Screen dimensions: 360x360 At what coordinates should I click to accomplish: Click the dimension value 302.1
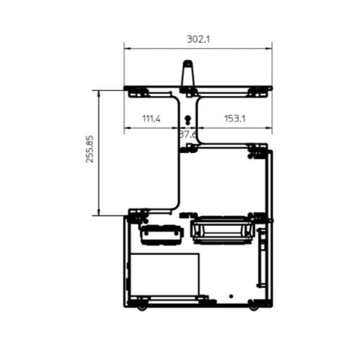click(x=196, y=40)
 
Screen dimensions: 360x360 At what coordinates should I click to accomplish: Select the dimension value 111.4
click(x=151, y=118)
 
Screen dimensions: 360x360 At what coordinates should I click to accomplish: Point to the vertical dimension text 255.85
click(x=90, y=149)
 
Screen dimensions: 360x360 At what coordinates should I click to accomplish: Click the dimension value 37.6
click(x=188, y=134)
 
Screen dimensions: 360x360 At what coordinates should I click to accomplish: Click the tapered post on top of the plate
click(x=187, y=75)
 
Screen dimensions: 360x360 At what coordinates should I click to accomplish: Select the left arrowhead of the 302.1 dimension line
click(x=127, y=49)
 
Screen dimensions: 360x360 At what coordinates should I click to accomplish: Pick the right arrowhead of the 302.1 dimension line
click(x=269, y=49)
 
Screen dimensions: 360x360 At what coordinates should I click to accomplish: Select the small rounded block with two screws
click(x=161, y=235)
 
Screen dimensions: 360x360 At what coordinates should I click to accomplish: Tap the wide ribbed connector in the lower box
click(x=221, y=229)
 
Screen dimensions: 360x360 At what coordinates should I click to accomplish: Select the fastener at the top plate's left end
click(x=137, y=92)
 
